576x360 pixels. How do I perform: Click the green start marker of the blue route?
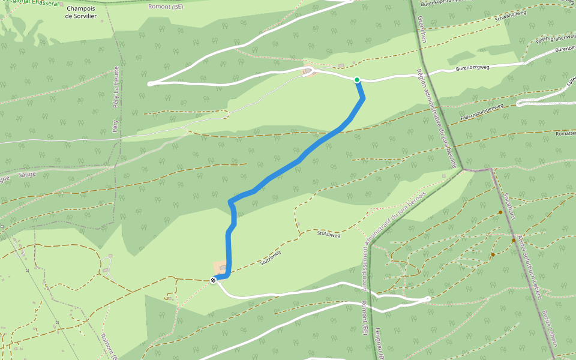[357, 80]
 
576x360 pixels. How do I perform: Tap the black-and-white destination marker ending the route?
[213, 280]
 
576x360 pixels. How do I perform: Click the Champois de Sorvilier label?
[81, 12]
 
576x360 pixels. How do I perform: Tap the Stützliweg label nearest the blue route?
[271, 258]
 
